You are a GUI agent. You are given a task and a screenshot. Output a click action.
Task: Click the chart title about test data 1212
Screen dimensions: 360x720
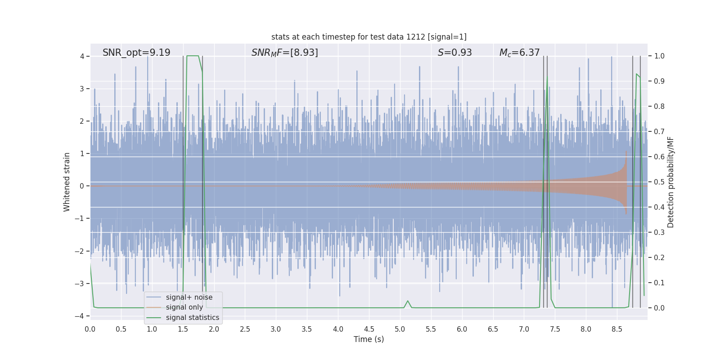pos(369,37)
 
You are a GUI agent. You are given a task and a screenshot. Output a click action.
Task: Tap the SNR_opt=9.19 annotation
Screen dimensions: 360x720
pos(136,53)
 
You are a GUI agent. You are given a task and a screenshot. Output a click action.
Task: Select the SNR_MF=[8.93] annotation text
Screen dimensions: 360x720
pos(284,53)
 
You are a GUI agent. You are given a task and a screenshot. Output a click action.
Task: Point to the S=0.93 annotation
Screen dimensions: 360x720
pos(454,53)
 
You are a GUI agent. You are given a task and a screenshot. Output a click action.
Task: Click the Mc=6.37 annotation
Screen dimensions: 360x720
pos(519,53)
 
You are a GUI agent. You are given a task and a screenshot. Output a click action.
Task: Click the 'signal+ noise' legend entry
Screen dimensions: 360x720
pos(189,297)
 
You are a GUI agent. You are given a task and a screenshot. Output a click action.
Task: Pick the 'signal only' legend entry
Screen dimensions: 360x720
pos(184,307)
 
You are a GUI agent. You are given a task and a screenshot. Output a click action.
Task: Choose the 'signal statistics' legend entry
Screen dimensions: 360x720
pos(193,318)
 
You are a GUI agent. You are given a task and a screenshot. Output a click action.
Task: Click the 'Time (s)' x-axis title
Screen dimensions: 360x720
pos(369,339)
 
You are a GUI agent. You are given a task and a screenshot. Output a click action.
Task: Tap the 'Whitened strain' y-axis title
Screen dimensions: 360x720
pos(67,182)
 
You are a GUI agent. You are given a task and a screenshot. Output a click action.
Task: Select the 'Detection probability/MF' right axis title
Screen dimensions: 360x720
pos(670,182)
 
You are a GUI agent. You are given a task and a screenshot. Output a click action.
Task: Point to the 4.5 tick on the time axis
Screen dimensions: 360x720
pos(369,329)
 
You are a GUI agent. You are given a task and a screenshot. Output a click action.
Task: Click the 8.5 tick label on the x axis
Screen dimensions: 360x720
pos(617,329)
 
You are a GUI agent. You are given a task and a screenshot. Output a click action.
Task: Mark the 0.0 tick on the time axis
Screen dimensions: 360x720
pos(90,329)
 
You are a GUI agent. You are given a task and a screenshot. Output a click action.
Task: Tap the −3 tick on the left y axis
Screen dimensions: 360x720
pos(79,283)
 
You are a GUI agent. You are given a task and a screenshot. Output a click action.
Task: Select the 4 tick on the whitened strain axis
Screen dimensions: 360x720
pos(82,56)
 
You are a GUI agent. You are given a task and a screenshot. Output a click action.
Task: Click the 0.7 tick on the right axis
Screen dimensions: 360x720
pos(659,132)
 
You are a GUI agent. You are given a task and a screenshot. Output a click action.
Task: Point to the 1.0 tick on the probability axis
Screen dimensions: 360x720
pos(659,56)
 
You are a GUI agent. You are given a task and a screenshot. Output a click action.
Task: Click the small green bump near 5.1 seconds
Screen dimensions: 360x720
pos(408,301)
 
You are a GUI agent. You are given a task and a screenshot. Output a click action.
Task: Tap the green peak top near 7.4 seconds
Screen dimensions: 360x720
pos(547,81)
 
